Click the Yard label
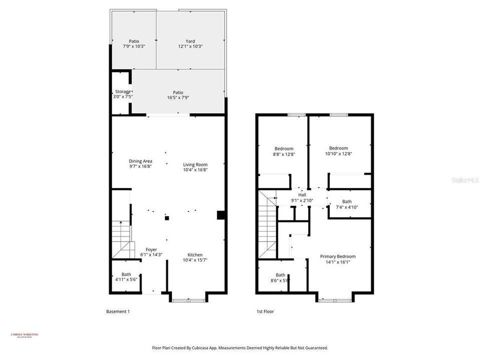coord(190,41)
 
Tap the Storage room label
coord(123,91)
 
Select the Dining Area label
coord(140,161)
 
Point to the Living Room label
coord(195,164)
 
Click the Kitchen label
coord(195,254)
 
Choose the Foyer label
coord(151,249)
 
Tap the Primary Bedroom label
coord(338,256)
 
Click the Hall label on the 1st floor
coord(302,195)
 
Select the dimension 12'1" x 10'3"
coord(190,46)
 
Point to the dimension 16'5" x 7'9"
coord(178,97)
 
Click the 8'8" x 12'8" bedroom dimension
coord(283,154)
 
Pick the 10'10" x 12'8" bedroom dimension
coord(338,153)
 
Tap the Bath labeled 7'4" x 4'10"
coord(347,206)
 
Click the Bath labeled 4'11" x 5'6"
coord(126,279)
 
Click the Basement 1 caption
coord(118,311)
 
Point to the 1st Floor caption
coord(264,311)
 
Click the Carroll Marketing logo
coord(24,335)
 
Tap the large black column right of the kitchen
coord(220,215)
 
